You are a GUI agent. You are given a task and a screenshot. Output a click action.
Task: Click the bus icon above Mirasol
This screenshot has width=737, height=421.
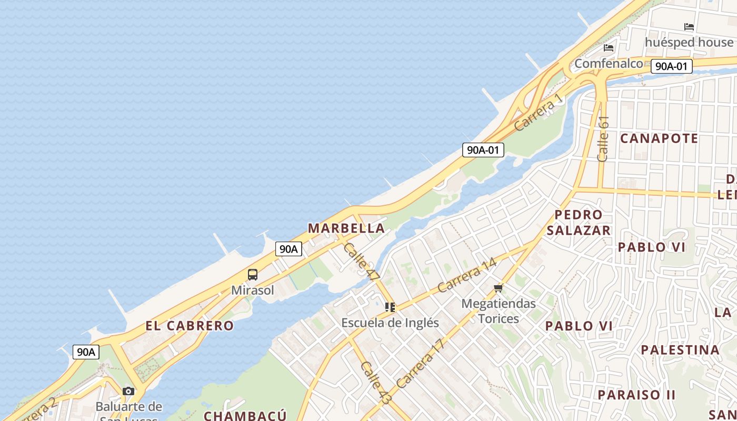pyautogui.click(x=253, y=274)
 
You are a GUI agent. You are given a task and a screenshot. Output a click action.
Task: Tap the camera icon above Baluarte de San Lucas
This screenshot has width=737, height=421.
pyautogui.click(x=128, y=391)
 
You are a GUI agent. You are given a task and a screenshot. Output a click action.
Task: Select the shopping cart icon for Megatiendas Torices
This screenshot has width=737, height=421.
pyautogui.click(x=499, y=288)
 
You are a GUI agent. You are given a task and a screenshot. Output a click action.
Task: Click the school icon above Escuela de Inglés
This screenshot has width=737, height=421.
pyautogui.click(x=390, y=307)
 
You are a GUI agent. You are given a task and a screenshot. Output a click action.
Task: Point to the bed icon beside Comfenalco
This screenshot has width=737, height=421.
pyautogui.click(x=609, y=48)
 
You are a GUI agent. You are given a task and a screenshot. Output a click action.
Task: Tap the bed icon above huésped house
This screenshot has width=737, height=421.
pyautogui.click(x=689, y=26)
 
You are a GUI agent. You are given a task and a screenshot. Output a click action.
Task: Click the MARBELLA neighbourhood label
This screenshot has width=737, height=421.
pyautogui.click(x=346, y=228)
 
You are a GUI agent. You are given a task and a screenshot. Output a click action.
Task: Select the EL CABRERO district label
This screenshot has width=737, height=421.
pyautogui.click(x=190, y=326)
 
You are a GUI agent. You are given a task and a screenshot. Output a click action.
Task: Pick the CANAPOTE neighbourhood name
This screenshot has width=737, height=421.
pyautogui.click(x=659, y=138)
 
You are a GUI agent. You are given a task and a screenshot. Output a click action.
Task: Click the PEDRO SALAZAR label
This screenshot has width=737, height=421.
pyautogui.click(x=579, y=223)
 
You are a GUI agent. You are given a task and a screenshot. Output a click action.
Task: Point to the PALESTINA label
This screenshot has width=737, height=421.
pyautogui.click(x=680, y=350)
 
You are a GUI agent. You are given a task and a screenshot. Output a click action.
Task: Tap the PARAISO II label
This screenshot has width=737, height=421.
pyautogui.click(x=636, y=395)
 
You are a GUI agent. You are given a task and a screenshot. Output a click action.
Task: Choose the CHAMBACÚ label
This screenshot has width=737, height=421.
pyautogui.click(x=245, y=416)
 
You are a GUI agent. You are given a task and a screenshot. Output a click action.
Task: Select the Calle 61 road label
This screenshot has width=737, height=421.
pyautogui.click(x=603, y=138)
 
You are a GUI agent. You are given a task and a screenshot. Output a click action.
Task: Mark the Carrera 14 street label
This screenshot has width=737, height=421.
pyautogui.click(x=467, y=275)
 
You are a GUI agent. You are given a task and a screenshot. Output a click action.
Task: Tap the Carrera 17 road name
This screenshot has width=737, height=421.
pyautogui.click(x=421, y=364)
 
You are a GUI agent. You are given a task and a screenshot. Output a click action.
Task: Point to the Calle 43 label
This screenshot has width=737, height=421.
pyautogui.click(x=376, y=383)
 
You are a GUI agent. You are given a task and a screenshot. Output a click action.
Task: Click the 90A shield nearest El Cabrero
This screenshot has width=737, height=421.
pyautogui.click(x=86, y=352)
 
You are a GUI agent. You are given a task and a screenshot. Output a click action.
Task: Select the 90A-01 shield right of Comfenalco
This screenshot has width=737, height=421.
pyautogui.click(x=671, y=66)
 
